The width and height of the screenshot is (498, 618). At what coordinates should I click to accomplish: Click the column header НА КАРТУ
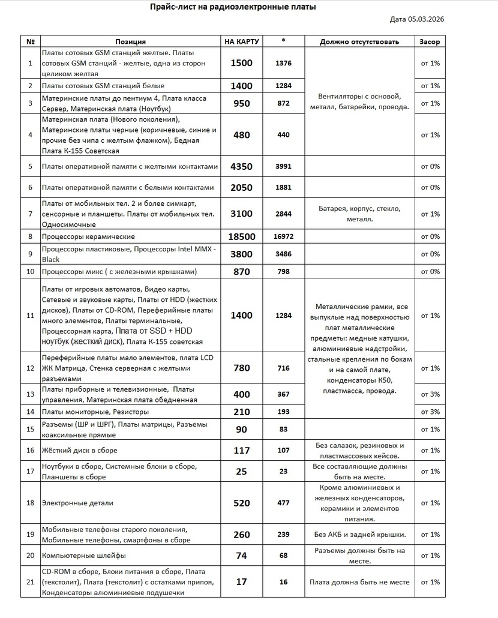coord(242,42)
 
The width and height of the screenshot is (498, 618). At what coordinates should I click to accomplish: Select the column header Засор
coord(430,42)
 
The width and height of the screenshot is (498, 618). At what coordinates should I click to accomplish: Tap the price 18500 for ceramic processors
coord(242,237)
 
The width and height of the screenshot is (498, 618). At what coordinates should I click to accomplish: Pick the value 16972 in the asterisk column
coord(284,237)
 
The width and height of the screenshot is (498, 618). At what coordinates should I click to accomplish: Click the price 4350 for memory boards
coord(242,166)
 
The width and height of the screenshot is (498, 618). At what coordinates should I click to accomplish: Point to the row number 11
coord(31,316)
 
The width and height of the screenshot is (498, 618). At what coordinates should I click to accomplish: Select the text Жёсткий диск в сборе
coord(80,451)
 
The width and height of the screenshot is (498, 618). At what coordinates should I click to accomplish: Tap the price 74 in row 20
coord(242,556)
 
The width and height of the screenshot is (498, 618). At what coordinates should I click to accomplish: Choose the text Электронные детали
coord(77,503)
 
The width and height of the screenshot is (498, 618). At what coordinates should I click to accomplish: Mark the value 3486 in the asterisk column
coord(284,254)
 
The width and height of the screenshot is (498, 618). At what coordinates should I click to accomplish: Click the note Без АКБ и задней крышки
coord(359,535)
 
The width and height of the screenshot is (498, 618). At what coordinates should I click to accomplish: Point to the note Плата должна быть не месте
coord(359,582)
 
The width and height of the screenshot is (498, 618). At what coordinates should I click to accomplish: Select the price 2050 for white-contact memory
coord(242,187)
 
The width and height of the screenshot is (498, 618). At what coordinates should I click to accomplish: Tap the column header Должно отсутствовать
coord(359,42)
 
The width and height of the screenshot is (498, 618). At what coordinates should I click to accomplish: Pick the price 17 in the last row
coord(242,582)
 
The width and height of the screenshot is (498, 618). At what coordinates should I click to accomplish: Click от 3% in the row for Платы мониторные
coord(430,412)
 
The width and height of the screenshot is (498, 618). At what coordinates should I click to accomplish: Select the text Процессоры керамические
coord(88,237)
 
